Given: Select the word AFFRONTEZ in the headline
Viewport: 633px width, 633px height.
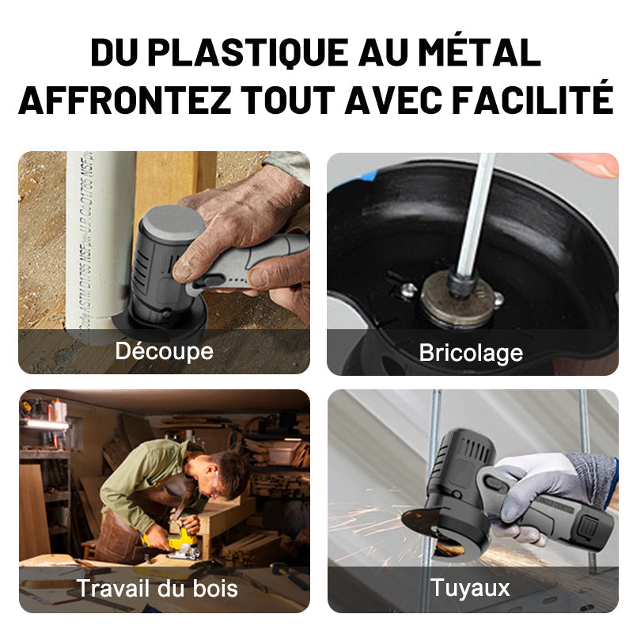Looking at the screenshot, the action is [x=125, y=99].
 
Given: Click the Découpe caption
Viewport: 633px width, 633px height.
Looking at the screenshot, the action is [x=165, y=351].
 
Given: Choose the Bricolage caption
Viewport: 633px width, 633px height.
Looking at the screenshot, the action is [x=471, y=353].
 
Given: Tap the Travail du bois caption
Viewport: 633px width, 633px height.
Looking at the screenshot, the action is [x=157, y=588].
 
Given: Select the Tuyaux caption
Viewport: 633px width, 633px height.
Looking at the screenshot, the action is [x=470, y=588].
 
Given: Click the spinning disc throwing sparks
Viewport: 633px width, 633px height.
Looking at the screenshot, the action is [x=428, y=525].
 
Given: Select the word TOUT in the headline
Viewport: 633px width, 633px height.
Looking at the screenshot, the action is [x=288, y=100].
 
